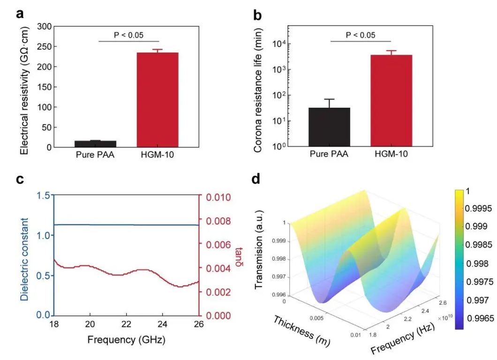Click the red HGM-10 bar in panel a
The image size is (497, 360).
click(x=157, y=100)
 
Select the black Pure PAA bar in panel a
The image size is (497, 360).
click(x=95, y=144)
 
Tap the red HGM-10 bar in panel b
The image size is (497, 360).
click(x=391, y=101)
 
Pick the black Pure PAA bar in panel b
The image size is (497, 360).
click(x=329, y=127)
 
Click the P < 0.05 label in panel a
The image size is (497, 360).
click(x=129, y=35)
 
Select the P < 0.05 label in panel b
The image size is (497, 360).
click(x=361, y=35)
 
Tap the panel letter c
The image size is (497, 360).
click(x=20, y=180)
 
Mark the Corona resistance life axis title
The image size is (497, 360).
click(x=258, y=87)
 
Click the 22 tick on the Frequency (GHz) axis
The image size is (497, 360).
click(x=126, y=324)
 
